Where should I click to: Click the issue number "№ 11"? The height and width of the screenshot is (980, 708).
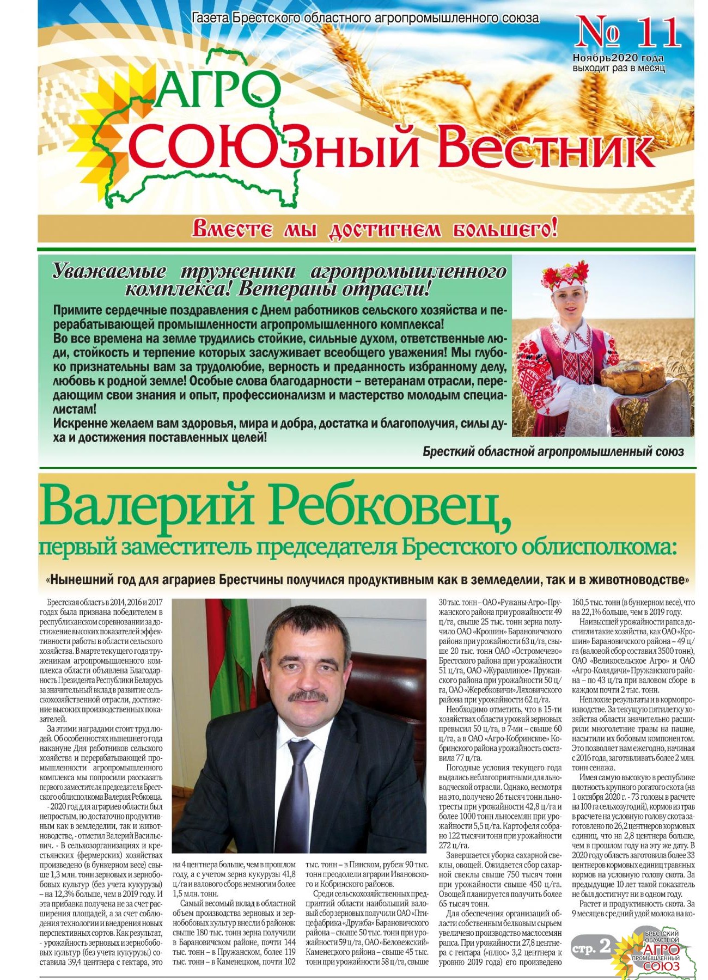628,33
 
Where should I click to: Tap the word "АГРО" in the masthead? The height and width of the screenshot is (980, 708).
218,89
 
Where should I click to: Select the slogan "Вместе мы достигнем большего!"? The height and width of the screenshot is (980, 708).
375,229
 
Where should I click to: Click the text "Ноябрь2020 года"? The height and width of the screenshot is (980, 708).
618,58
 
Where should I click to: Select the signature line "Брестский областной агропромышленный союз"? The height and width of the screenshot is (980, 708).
553,452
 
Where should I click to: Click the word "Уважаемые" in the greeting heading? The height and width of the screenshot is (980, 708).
109,271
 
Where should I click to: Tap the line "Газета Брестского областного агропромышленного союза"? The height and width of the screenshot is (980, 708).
365,18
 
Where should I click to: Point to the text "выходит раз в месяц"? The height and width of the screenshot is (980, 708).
619,69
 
